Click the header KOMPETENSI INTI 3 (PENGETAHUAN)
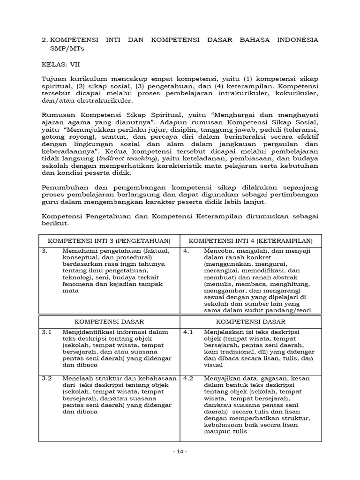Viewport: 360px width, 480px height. tap(109, 240)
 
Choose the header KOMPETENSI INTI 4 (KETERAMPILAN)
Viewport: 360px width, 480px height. tap(251, 240)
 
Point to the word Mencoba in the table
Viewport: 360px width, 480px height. tap(217, 251)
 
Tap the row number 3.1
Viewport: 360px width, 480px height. tap(46, 332)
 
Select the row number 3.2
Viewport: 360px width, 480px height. tap(46, 378)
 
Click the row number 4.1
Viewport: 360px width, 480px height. tap(188, 332)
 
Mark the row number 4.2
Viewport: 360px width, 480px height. tap(188, 378)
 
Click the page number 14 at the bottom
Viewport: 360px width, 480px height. tap(180, 451)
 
